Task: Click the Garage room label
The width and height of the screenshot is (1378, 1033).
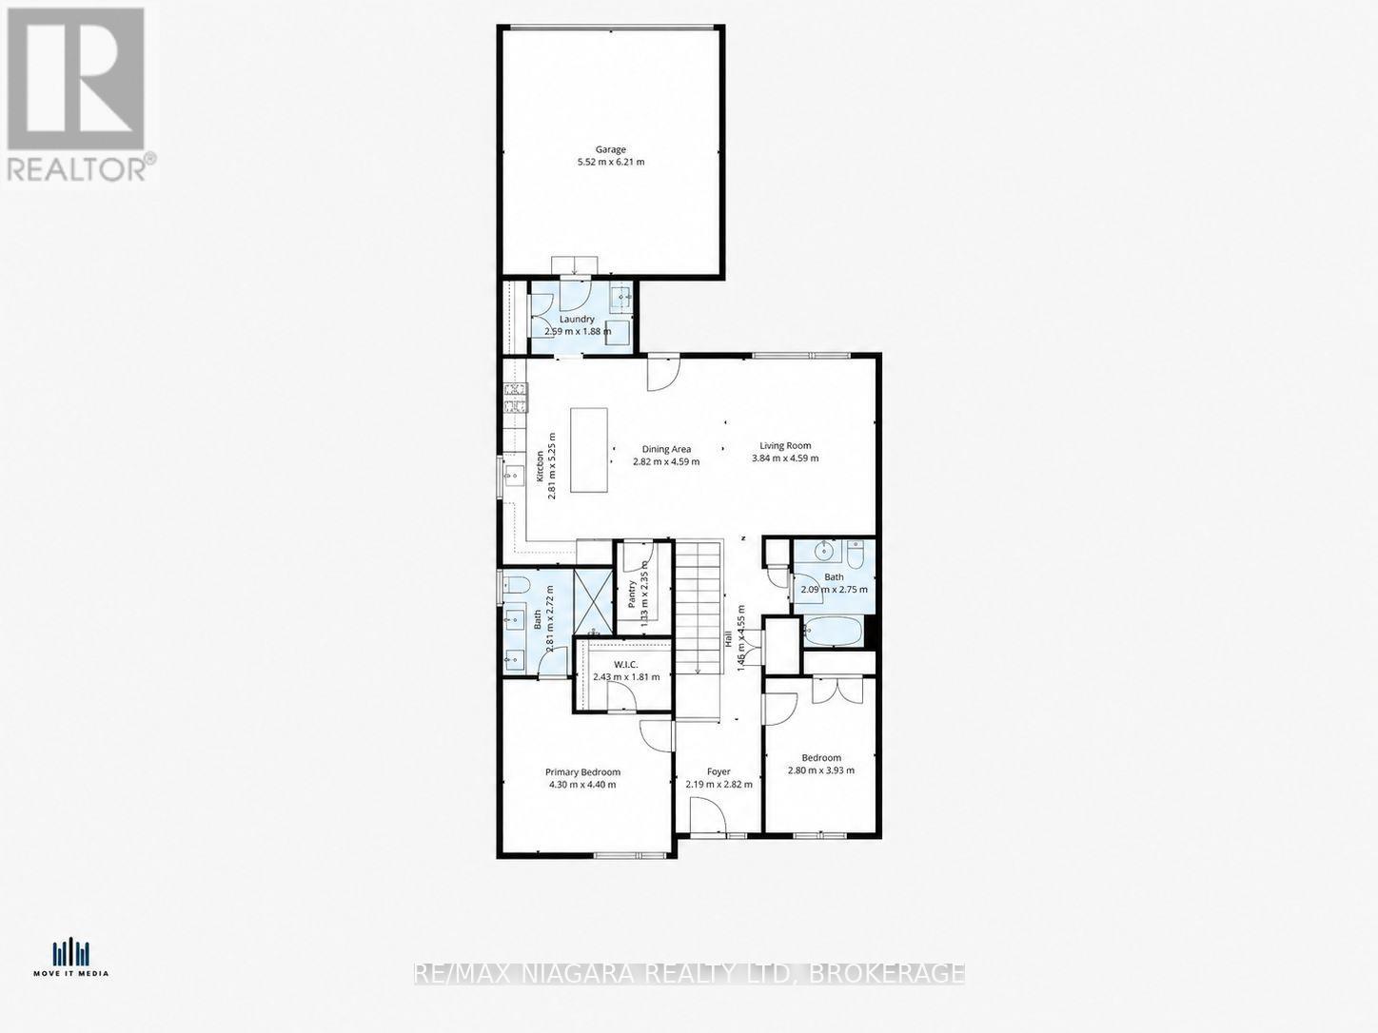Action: (610, 149)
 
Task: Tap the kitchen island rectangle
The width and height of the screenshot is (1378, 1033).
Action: (588, 450)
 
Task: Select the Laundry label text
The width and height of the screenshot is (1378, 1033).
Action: (577, 320)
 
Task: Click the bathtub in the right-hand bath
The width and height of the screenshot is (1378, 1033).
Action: (834, 631)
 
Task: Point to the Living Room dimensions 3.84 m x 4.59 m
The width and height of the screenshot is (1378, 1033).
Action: (785, 458)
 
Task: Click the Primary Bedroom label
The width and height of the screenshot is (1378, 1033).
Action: (582, 772)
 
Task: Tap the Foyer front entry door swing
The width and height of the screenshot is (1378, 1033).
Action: (705, 815)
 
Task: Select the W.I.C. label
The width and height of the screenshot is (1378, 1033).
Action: (625, 665)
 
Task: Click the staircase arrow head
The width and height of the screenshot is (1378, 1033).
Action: (697, 671)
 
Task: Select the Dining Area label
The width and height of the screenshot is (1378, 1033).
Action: (666, 450)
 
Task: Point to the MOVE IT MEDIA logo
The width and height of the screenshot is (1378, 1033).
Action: (71, 957)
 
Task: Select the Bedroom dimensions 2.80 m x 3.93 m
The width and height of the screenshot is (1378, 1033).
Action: (820, 770)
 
